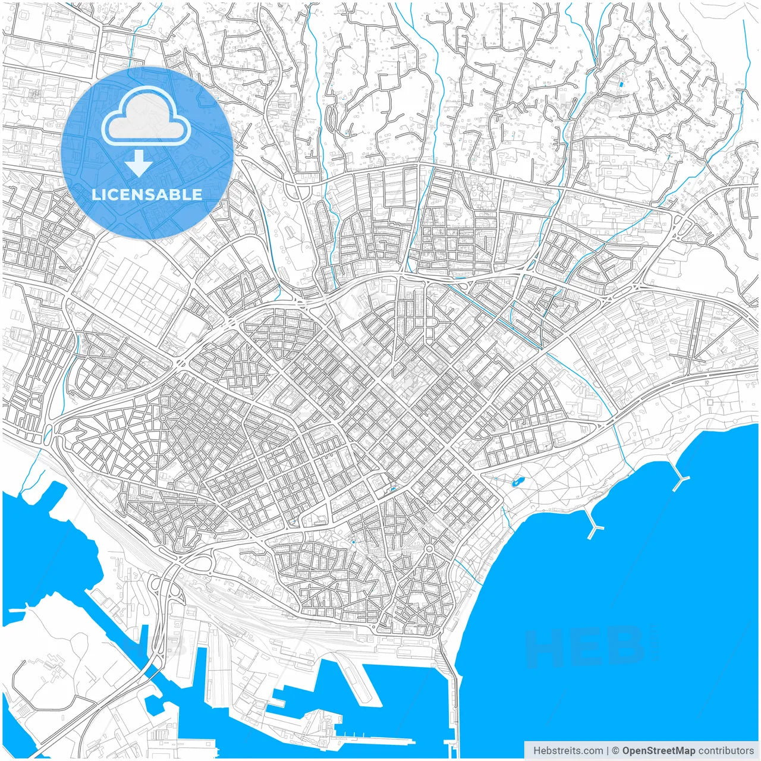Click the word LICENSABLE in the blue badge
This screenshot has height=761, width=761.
point(147,194)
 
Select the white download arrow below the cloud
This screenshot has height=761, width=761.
point(139,163)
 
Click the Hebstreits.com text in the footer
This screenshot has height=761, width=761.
point(568,751)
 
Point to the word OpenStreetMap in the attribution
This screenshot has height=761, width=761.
point(658,751)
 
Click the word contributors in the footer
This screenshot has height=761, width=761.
point(725,751)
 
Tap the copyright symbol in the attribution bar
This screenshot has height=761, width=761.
point(615,751)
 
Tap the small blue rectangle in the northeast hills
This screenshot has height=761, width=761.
point(622,84)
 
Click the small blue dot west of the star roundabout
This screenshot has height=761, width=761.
point(353,542)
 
